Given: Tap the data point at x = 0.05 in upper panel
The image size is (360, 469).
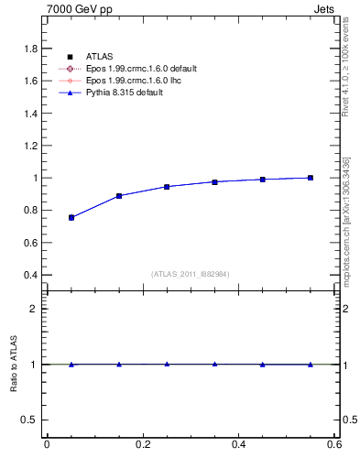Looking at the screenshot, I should tap(71, 218).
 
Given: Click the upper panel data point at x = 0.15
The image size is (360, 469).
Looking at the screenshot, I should tap(119, 196).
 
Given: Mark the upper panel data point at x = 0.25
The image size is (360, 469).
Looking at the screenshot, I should tap(167, 187).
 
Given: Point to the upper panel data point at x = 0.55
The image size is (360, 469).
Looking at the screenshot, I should tap(311, 178).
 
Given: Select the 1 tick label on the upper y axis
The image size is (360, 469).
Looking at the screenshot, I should tap(35, 178).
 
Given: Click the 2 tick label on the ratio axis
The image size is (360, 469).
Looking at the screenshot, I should tap(35, 309).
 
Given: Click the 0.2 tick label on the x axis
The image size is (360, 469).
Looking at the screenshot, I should tap(143, 445).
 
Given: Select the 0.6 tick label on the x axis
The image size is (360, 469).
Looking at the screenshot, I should tap(334, 445).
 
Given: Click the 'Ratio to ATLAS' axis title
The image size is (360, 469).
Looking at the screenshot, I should tap(12, 365).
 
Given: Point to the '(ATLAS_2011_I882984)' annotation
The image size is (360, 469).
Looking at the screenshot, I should tap(191, 274).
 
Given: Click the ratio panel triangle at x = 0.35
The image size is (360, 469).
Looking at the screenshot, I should tap(214, 364).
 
